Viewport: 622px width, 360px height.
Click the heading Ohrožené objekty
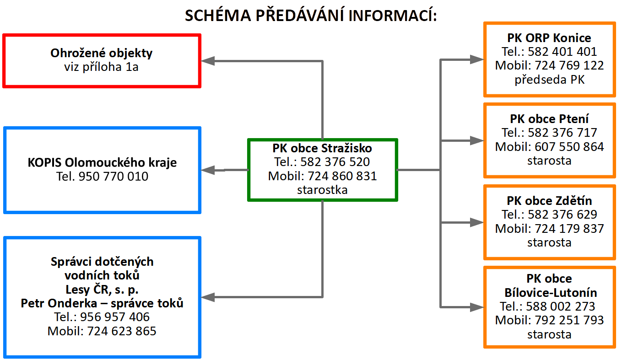pyautogui.click(x=101, y=53)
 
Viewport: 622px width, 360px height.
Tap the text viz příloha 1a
pyautogui.click(x=101, y=67)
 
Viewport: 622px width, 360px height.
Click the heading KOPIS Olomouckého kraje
pyautogui.click(x=102, y=162)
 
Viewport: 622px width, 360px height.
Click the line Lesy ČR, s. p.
pyautogui.click(x=102, y=289)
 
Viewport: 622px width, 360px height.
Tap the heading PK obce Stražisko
pyautogui.click(x=322, y=148)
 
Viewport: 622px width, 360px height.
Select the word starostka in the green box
pyautogui.click(x=322, y=190)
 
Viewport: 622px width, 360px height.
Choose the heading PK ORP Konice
pyautogui.click(x=549, y=38)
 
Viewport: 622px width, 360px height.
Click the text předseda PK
pyautogui.click(x=549, y=80)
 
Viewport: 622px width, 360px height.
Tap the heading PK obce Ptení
pyautogui.click(x=549, y=119)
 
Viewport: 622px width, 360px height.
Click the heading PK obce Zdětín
pyautogui.click(x=549, y=200)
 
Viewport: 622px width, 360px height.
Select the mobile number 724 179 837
pyautogui.click(x=569, y=228)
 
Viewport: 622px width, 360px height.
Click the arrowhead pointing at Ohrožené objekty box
pyautogui.click(x=208, y=60)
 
